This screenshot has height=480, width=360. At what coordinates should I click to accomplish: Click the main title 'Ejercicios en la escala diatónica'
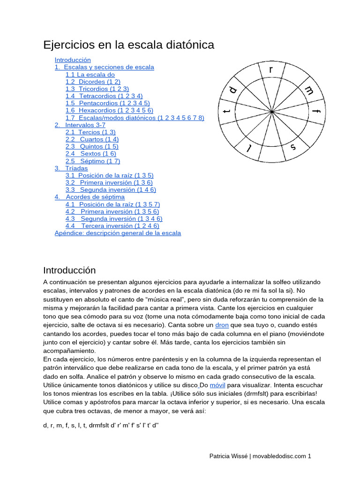[128, 45]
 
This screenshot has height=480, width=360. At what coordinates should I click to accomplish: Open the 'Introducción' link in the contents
[73, 60]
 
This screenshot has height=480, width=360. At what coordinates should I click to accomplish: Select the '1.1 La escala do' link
[90, 75]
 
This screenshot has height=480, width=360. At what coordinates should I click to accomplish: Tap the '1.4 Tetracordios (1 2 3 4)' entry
[104, 96]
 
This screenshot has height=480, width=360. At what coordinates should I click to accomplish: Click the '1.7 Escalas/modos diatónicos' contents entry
[135, 118]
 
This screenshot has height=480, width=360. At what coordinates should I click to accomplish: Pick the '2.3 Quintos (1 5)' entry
[92, 146]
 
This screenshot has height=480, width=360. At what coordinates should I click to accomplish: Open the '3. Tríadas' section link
[71, 168]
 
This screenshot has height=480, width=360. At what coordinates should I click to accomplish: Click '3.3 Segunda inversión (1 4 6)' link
[111, 190]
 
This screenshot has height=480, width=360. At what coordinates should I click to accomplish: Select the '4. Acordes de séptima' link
[90, 197]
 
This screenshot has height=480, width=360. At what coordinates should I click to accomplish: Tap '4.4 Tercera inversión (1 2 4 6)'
[112, 225]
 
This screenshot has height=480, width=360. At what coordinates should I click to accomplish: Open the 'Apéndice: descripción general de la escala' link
[118, 233]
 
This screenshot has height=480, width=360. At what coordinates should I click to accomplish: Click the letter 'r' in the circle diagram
[270, 70]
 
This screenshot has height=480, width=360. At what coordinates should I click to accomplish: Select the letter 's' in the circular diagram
[293, 147]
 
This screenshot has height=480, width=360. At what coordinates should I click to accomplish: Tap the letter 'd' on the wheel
[233, 90]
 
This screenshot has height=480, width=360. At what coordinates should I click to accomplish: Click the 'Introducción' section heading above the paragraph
[69, 270]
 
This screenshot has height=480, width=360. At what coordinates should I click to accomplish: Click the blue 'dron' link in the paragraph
[222, 325]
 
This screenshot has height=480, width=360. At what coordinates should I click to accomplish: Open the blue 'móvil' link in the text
[217, 385]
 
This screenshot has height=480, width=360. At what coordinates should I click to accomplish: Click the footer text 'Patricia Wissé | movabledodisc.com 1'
[260, 456]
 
